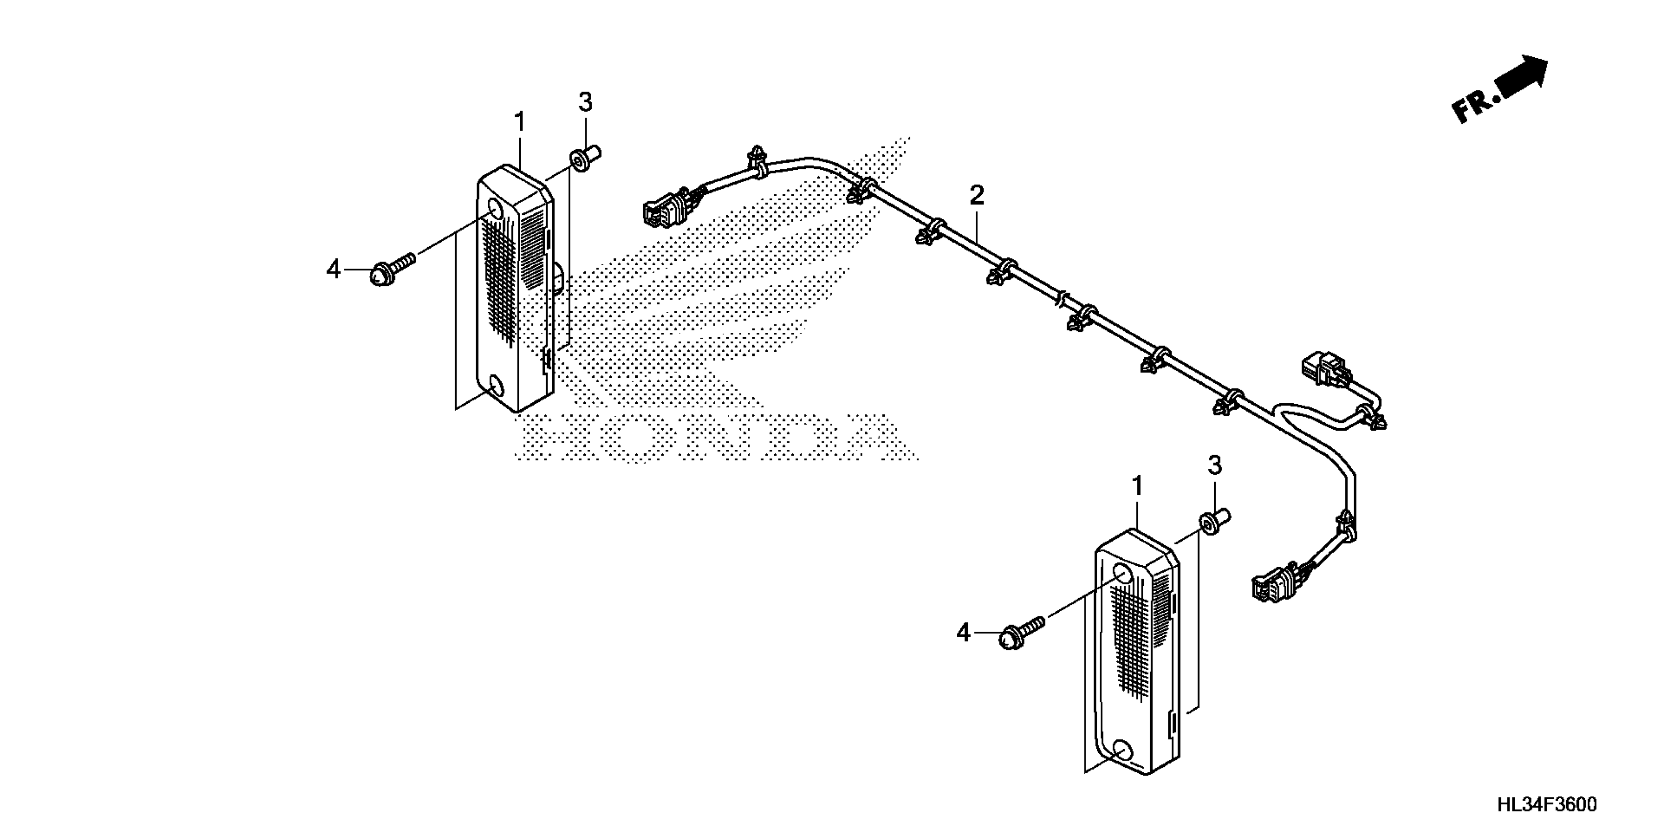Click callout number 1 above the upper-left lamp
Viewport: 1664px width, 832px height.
coord(520,122)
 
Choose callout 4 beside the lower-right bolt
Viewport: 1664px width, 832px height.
coord(963,633)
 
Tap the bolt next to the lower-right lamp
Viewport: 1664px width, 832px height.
coord(1020,634)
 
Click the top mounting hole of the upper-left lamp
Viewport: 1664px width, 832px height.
coord(495,209)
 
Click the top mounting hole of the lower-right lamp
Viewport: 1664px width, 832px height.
coord(1125,573)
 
